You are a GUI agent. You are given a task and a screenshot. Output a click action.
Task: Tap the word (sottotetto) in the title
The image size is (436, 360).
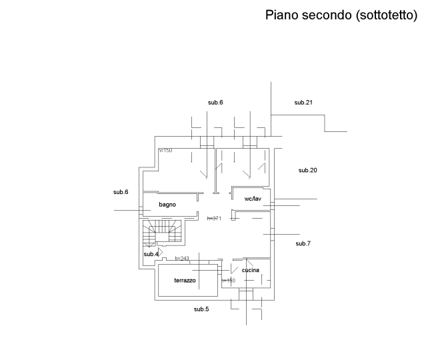tap(387, 15)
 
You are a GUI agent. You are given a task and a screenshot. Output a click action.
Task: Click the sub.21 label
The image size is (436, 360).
tap(304, 102)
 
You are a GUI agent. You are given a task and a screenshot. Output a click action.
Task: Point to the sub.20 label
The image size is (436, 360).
tap(307, 170)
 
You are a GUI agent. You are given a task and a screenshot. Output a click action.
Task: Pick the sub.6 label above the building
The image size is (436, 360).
tap(215, 102)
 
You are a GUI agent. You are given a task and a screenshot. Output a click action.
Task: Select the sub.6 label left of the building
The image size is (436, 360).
tap(121, 192)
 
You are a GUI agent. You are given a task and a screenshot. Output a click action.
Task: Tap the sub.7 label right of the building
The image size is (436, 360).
tap(303, 243)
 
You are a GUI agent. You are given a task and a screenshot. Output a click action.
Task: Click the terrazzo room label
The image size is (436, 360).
tap(185, 281)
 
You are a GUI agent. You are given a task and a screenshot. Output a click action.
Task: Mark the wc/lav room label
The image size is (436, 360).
tap(253, 199)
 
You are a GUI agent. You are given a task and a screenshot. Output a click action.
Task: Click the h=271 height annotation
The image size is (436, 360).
tap(213, 218)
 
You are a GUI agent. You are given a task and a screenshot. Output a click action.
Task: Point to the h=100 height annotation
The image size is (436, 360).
tap(165, 151)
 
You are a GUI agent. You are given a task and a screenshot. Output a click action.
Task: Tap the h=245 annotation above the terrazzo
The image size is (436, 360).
tap(182, 258)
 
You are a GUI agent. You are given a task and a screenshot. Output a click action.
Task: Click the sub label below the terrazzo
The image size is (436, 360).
tap(201, 309)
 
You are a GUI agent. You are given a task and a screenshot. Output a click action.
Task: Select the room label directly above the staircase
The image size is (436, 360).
tap(167, 205)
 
